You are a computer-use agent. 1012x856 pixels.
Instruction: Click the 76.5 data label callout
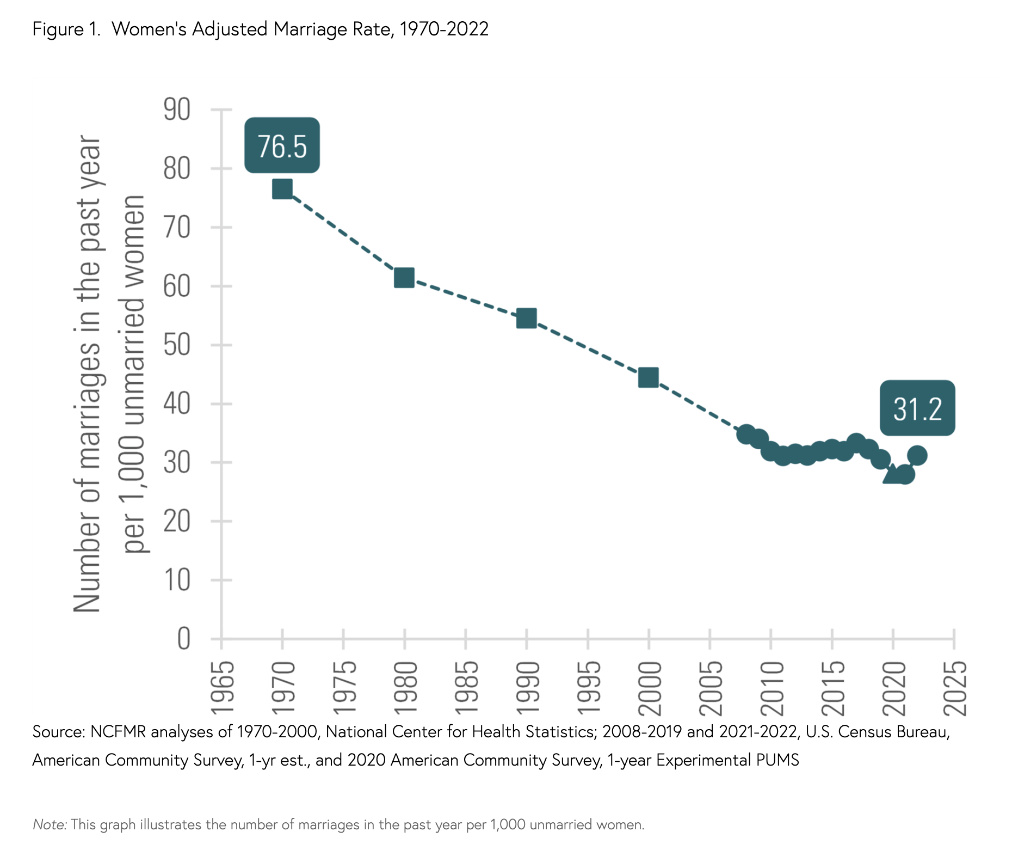pos(282,145)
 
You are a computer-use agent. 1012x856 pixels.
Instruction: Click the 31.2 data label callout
pos(917,408)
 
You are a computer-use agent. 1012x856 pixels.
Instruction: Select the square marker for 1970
pos(282,189)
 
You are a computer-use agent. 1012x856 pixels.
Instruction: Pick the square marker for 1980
pos(404,278)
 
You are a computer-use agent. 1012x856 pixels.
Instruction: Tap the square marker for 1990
pos(526,318)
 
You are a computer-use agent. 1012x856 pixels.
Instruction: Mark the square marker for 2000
pos(649,377)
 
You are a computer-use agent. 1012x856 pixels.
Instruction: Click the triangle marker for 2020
pos(892,475)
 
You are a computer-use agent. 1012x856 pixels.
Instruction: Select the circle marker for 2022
pos(917,455)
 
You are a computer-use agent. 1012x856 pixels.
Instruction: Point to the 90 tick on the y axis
pos(177,109)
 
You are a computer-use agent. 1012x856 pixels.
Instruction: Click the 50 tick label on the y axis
pos(177,345)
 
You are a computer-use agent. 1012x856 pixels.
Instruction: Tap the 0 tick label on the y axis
pos(184,638)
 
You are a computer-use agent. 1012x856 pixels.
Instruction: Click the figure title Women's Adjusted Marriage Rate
pos(260,28)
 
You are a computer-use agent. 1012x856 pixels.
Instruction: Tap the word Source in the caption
pos(58,731)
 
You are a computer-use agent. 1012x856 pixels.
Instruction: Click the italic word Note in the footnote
pos(49,824)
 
